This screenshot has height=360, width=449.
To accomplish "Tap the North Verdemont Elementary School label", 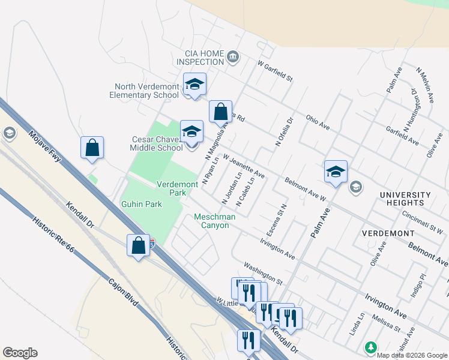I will coord(144,91).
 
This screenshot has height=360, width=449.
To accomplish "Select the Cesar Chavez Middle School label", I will coord(157,143).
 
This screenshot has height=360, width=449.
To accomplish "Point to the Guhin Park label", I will coord(141,204).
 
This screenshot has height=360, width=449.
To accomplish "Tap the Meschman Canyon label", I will coord(211,221).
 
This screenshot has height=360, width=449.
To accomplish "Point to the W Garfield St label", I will coord(274,70).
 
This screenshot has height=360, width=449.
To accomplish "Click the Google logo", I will coord(20,353).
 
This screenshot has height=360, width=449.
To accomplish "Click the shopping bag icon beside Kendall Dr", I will coord(139,246).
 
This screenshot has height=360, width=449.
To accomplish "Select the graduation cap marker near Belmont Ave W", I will coord(336,172).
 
